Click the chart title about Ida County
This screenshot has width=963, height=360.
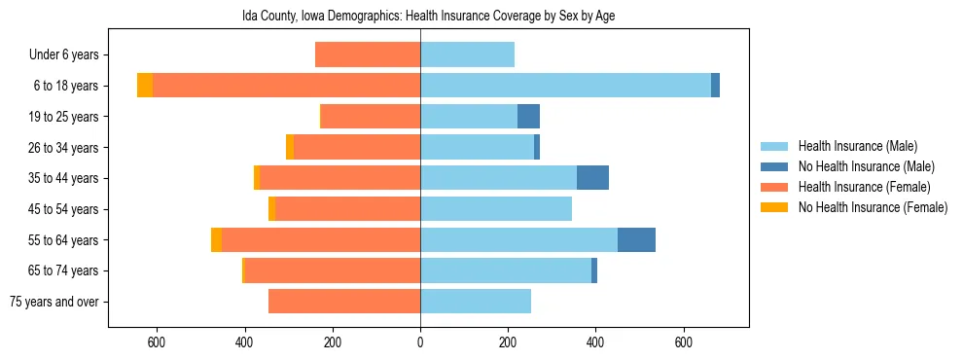tap(428, 17)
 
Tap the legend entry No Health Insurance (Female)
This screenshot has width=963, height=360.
tap(873, 207)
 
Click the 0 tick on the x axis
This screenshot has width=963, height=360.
tap(420, 342)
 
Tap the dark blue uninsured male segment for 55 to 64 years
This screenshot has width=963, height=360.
tap(636, 239)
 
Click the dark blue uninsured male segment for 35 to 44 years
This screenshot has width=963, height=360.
tap(592, 178)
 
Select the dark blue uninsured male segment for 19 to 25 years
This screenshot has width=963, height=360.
tap(528, 117)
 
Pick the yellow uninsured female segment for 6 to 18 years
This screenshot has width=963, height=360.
tap(145, 86)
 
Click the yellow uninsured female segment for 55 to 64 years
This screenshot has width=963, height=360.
tap(216, 239)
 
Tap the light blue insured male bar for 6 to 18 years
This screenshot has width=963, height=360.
tap(565, 86)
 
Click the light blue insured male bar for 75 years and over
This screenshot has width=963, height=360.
tap(476, 302)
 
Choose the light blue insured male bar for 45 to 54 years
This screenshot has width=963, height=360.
tap(496, 209)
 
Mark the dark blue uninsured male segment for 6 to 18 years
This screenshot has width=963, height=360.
tap(715, 86)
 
